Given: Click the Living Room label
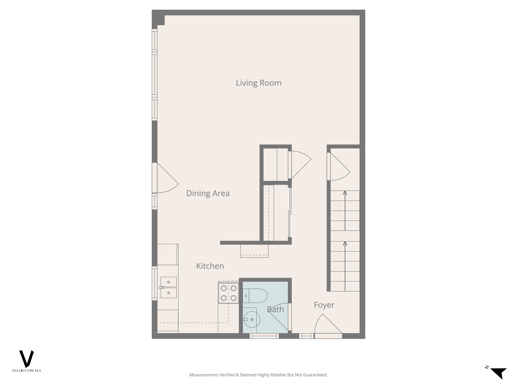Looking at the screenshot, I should click(x=258, y=83).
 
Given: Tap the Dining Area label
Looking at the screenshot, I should click(x=208, y=193).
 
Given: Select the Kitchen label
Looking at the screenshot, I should click(x=210, y=266).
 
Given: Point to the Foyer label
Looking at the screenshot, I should click(x=324, y=305).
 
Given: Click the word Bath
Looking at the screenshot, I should click(x=275, y=309).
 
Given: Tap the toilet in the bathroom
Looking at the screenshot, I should click(x=255, y=296).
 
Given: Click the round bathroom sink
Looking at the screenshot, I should click(x=252, y=320).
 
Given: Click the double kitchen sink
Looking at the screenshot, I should click(x=168, y=287).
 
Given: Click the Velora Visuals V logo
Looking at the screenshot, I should click(x=27, y=359).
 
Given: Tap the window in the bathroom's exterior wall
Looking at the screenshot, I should click(x=264, y=336).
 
